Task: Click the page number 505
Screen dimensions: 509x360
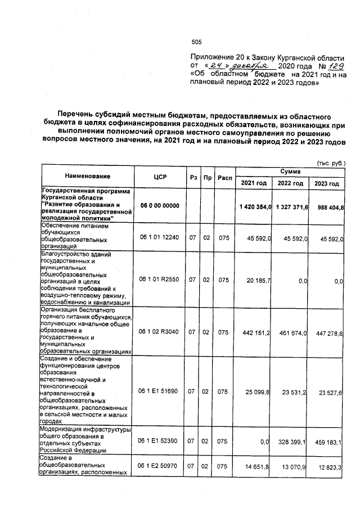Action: pos(196,42)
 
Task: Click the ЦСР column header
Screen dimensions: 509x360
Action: pos(160,177)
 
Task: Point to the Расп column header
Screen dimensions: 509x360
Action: pos(224,177)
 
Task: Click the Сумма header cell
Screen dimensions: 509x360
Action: pos(290,170)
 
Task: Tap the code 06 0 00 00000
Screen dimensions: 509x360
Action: pos(160,206)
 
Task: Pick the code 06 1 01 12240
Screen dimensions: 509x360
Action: pos(160,237)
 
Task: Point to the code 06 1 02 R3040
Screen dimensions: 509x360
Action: pos(160,333)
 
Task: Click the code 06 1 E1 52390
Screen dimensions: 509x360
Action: pos(160,443)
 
